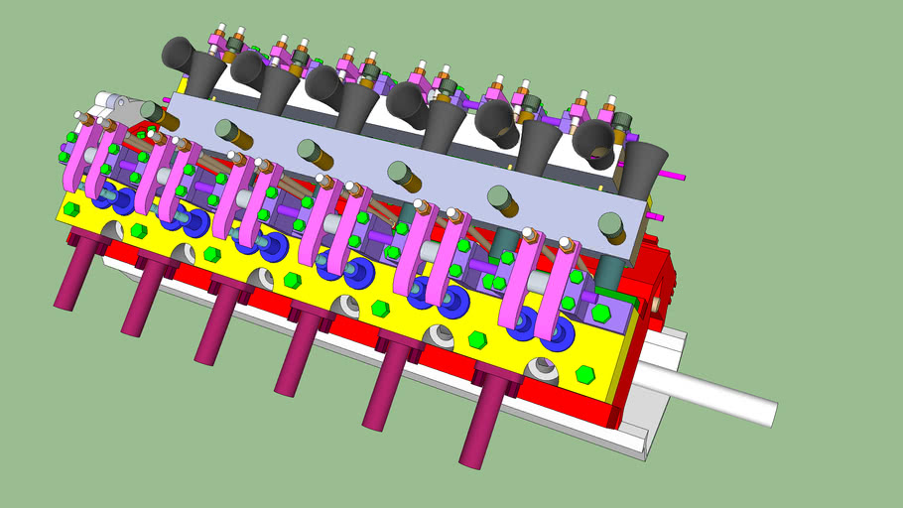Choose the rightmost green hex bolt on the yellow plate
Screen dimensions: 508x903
tap(584, 374)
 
